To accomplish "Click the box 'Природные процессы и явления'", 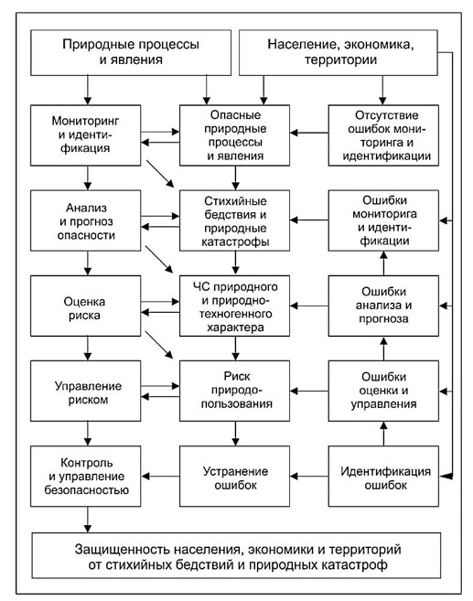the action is click(131, 52).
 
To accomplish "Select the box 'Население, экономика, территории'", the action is click(339, 52).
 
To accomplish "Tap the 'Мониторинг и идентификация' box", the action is click(85, 135).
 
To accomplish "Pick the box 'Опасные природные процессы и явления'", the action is click(234, 135).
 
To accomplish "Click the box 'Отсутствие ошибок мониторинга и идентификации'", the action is click(383, 135).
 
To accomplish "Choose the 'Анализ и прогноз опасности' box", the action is click(85, 220).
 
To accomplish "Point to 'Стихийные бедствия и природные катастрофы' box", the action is click(234, 220).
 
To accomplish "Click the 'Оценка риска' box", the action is click(85, 306).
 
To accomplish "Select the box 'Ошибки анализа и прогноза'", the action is click(383, 306).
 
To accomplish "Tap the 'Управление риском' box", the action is click(85, 391).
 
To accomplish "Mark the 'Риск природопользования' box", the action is click(234, 391).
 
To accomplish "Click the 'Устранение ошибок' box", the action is click(234, 477).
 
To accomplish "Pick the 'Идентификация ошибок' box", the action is click(383, 477).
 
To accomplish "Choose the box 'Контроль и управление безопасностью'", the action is click(85, 477).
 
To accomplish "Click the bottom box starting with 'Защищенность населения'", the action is click(236, 555).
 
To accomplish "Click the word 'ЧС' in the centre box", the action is click(200, 286).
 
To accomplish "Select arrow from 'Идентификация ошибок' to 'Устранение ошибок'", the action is click(309, 477).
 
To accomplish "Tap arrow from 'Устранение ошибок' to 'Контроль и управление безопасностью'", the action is click(160, 477).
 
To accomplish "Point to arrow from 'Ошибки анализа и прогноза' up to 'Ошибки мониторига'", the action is click(383, 263).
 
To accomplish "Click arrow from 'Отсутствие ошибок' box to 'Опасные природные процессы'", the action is click(309, 133).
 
